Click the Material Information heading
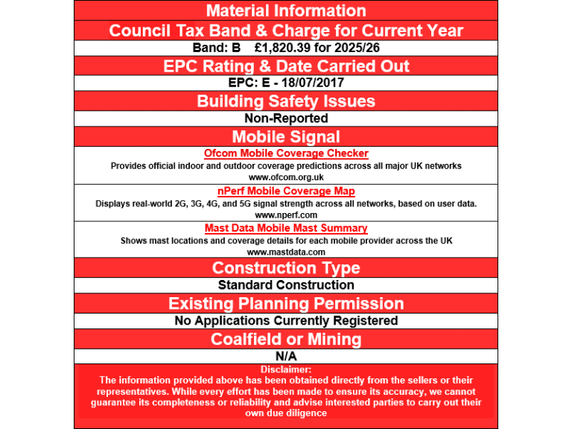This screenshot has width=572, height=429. click(286, 11)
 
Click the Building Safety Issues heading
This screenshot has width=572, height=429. click(286, 101)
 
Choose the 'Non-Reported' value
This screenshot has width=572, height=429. click(286, 118)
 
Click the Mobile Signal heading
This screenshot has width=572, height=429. click(286, 137)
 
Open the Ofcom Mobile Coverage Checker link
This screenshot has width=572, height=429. click(286, 153)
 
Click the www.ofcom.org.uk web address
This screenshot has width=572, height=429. click(286, 177)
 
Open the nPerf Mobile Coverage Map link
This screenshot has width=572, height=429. click(286, 191)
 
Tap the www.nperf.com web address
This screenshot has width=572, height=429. click(286, 214)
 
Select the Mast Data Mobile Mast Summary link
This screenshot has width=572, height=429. click(286, 229)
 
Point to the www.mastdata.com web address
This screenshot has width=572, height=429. click(286, 252)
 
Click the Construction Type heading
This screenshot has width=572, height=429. click(286, 268)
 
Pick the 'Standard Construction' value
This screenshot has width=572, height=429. click(286, 285)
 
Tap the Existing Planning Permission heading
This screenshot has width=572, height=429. click(286, 304)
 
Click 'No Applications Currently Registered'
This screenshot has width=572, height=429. click(286, 321)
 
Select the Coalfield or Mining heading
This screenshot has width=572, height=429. click(286, 340)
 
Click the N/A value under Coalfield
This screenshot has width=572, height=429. click(286, 357)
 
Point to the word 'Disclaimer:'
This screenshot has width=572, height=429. click(286, 369)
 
